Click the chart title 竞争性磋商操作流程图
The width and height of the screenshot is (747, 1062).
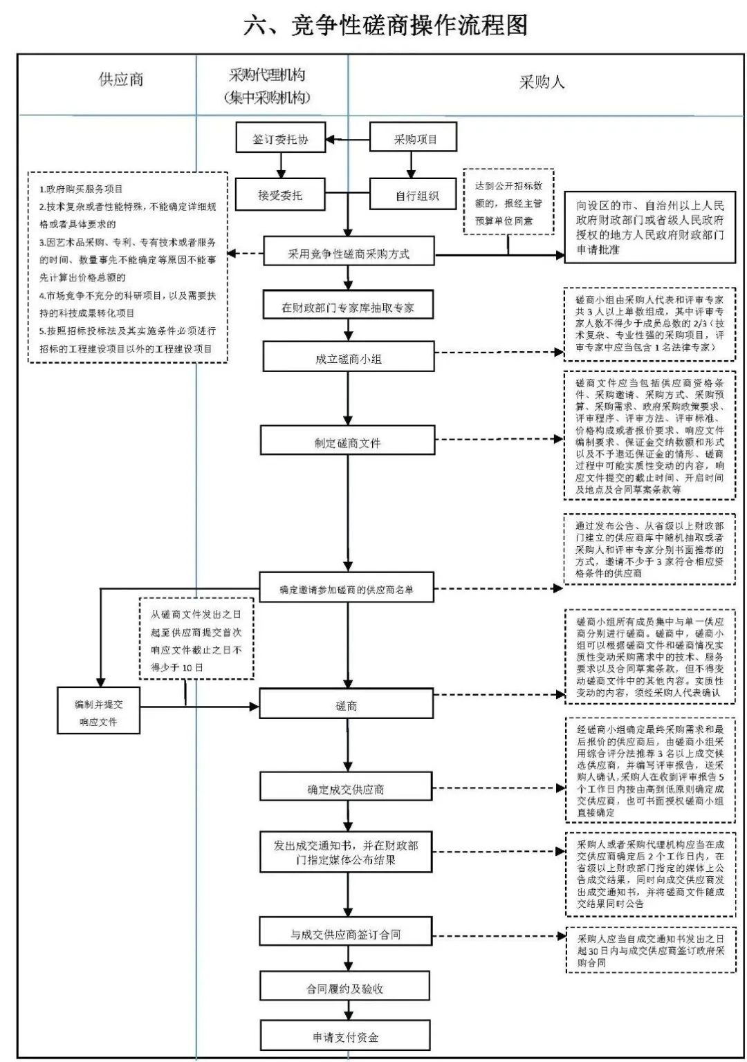coord(385,26)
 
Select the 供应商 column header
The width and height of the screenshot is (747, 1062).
coord(121,80)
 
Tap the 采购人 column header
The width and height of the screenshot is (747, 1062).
coord(542,82)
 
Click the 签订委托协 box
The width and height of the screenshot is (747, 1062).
coord(280,140)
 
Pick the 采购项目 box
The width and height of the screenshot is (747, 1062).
coord(414,139)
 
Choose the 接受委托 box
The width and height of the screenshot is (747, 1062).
coord(280,195)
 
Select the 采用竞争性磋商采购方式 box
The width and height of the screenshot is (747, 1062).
coord(348,253)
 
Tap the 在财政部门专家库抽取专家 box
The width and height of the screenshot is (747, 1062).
coord(348,308)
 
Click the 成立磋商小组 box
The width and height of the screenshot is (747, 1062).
coord(348,359)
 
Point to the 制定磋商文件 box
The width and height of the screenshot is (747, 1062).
coord(348,442)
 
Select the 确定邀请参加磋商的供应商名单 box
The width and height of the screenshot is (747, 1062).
coord(347,589)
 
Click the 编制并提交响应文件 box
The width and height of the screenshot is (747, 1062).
coord(98,712)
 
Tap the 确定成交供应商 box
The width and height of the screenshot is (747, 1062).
coord(346,789)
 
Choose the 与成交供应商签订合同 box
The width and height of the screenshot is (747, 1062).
coord(346,934)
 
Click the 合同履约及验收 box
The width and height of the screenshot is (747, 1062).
coord(345,988)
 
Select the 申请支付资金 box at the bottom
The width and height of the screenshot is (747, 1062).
coord(345,1037)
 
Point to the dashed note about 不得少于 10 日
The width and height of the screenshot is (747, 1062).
coord(196,640)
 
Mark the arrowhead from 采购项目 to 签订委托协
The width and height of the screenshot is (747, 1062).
coord(331,140)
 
